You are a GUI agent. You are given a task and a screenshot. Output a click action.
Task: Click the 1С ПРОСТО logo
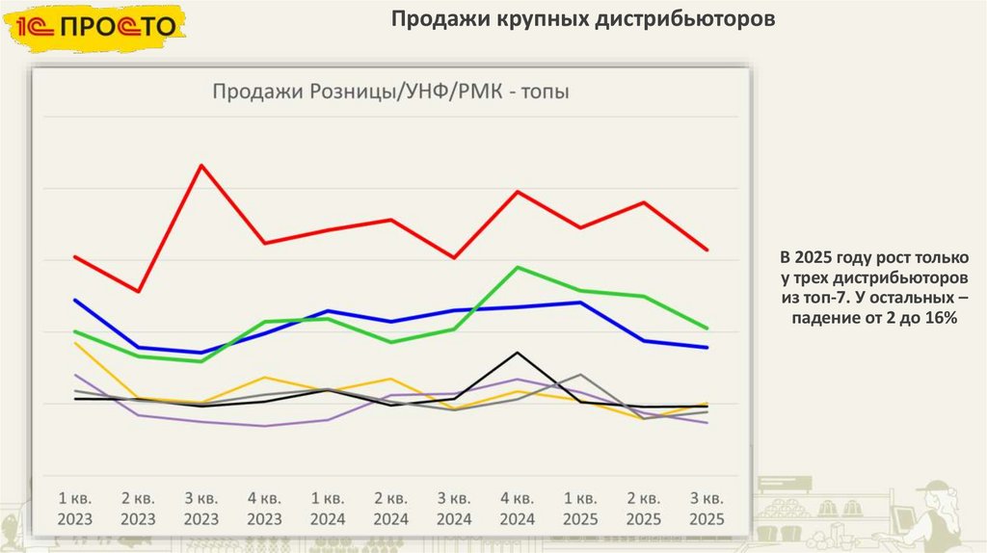click(97, 25)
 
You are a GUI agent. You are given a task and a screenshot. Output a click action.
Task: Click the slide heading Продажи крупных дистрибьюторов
click(583, 19)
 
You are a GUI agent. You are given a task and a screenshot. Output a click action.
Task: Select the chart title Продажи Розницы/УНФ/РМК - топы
click(389, 92)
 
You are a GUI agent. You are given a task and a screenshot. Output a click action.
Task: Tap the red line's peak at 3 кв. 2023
click(200, 165)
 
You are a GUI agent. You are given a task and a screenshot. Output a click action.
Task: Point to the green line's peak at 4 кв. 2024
click(519, 267)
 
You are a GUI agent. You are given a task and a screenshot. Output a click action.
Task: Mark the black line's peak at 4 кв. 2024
click(519, 353)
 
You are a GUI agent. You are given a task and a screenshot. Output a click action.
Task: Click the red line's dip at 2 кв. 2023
click(138, 291)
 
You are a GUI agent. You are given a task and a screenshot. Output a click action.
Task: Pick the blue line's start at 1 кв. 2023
click(74, 300)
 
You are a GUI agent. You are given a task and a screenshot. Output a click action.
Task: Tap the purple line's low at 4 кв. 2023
click(264, 426)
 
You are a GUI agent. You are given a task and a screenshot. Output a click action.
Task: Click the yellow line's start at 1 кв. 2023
click(74, 343)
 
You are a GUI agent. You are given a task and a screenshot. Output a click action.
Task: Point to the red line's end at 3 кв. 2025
click(707, 250)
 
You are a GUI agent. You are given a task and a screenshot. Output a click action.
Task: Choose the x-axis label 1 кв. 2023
click(74, 508)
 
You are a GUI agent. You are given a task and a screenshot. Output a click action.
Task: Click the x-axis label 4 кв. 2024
click(518, 508)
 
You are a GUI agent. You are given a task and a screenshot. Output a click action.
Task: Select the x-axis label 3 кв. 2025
click(707, 508)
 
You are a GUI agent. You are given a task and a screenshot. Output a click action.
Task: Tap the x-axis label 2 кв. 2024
click(390, 508)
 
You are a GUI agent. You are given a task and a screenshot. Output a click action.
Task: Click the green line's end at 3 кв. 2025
click(707, 329)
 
